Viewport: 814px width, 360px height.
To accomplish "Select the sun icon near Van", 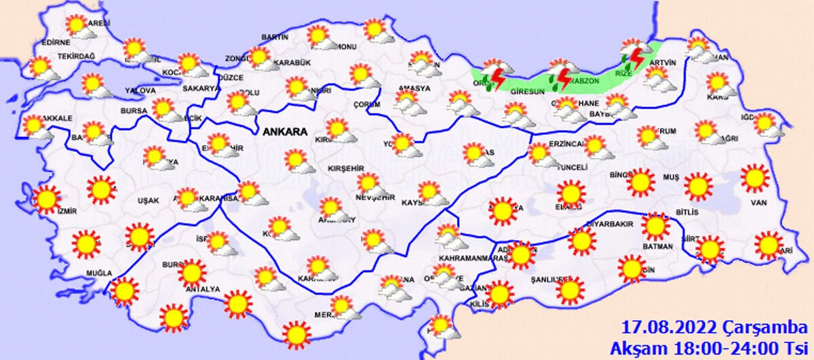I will pyautogui.click(x=754, y=180).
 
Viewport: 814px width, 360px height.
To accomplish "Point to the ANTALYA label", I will pyautogui.click(x=202, y=289).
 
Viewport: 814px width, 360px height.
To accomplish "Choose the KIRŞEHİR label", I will pyautogui.click(x=347, y=167).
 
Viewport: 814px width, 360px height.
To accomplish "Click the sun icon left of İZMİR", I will pyautogui.click(x=46, y=199).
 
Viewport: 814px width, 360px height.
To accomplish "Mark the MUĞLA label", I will pyautogui.click(x=98, y=273).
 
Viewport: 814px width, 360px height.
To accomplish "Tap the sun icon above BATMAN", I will pyautogui.click(x=655, y=226).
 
